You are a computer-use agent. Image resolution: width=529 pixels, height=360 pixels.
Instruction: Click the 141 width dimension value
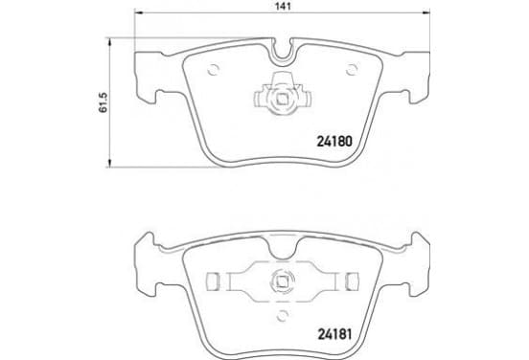tap(283, 6)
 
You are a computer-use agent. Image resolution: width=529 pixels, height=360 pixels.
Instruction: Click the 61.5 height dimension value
tap(103, 102)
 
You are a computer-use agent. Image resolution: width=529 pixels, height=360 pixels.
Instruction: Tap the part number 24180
tap(334, 142)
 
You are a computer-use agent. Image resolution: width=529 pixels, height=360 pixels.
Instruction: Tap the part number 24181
tap(334, 334)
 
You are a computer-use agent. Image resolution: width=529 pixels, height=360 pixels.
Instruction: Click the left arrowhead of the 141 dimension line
tap(139, 12)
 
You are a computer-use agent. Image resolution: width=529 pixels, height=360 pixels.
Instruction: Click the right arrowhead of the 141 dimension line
tap(425, 12)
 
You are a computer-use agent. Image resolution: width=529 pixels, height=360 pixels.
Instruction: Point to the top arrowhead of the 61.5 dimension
tap(109, 42)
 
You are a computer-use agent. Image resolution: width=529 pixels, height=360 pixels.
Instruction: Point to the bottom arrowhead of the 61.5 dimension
tap(109, 163)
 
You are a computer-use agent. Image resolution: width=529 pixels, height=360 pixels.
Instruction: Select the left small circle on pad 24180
tap(214, 70)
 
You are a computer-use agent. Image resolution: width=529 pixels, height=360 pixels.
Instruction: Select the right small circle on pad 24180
tap(352, 70)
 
